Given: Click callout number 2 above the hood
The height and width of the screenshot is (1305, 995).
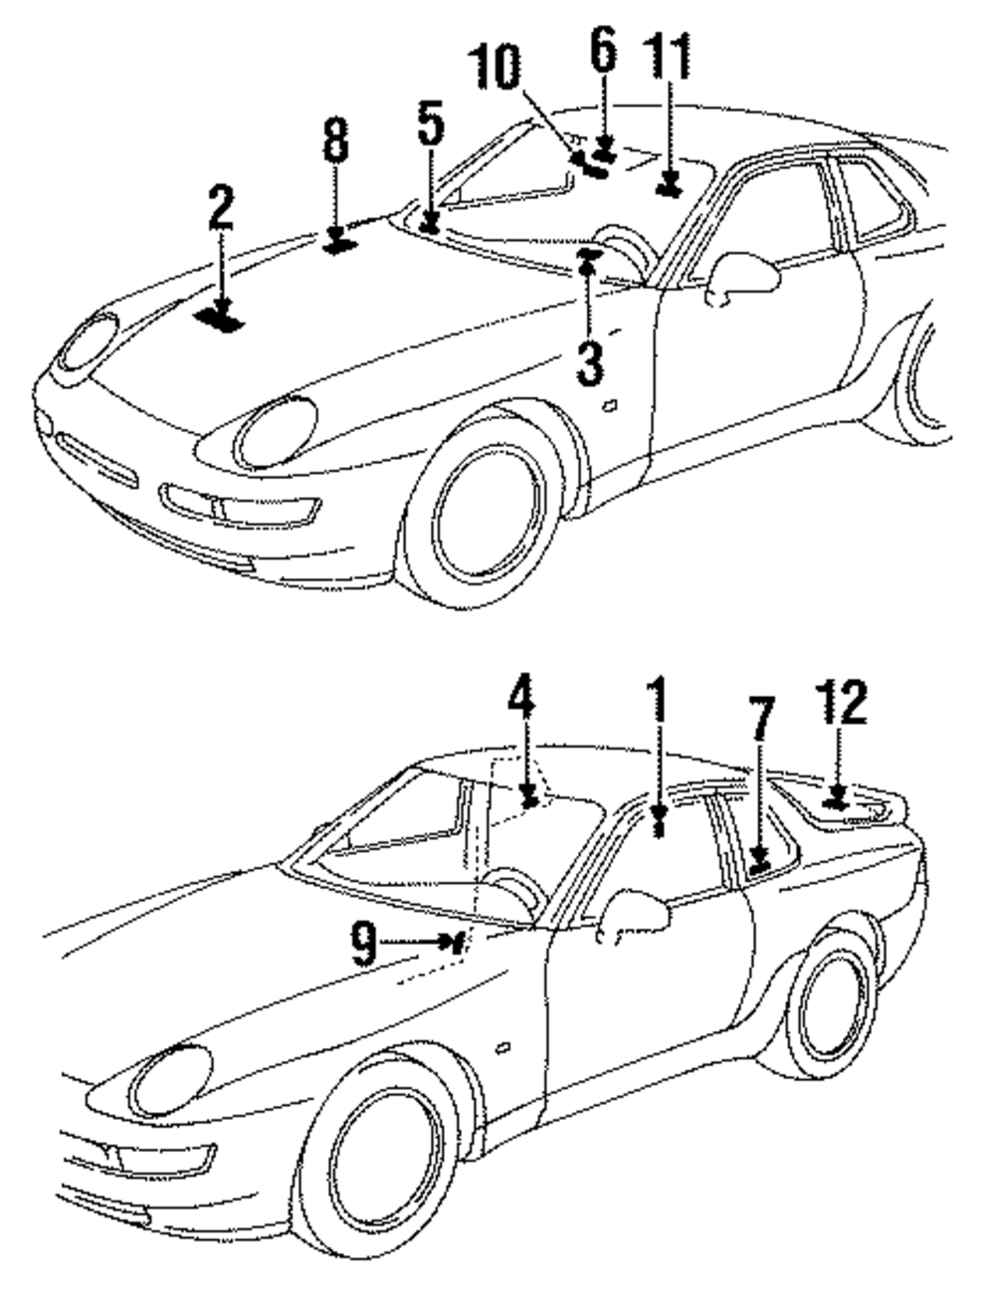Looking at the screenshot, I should (221, 206).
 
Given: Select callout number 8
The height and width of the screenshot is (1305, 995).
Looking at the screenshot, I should (336, 141).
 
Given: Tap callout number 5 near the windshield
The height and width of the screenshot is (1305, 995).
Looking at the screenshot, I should (429, 121).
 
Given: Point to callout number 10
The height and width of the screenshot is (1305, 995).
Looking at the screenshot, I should (496, 70).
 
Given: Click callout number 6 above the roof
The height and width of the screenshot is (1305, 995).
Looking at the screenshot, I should (603, 51).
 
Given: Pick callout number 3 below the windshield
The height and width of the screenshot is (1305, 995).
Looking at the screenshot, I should (589, 365).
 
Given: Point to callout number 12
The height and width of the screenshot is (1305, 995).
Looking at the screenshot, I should (841, 703).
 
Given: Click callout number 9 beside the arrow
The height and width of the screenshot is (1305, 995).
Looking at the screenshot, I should (366, 941).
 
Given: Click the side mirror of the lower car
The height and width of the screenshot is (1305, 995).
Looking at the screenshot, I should (634, 915).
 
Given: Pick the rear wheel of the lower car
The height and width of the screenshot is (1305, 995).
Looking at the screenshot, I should (831, 1005).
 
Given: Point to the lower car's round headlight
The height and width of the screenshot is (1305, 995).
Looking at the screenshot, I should (172, 1080).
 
